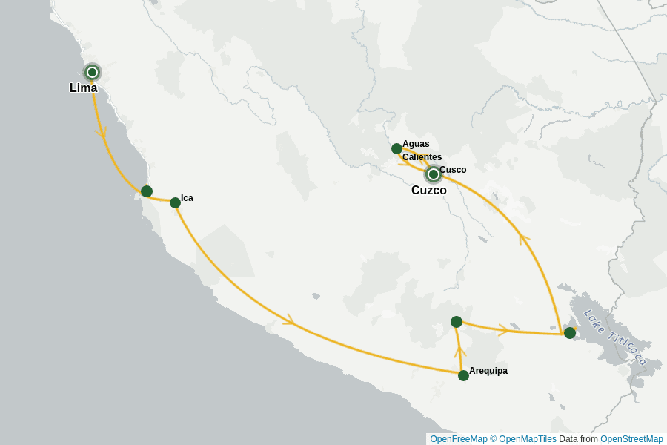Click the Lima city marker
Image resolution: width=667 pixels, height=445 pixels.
pos(92,72)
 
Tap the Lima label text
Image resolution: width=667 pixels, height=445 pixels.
pos(83,88)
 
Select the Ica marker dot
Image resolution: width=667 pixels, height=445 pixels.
pos(175,202)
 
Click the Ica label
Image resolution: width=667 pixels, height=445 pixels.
pos(187,198)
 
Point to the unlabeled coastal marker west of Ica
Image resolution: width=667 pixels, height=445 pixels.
pos(147,191)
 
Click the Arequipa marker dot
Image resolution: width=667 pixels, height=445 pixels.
pos(463,375)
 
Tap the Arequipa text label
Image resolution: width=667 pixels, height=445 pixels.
pos(488,371)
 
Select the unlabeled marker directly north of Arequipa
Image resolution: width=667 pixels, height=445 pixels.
pos(457,322)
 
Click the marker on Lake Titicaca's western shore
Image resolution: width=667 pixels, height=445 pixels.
pos(569,333)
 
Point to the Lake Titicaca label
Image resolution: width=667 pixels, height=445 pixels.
pos(615,337)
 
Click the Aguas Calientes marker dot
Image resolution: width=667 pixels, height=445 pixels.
pos(396,148)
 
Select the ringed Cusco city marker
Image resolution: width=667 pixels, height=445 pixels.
pos(433,174)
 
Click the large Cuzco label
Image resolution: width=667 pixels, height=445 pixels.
pos(429,191)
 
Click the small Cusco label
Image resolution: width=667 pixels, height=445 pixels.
pos(453,170)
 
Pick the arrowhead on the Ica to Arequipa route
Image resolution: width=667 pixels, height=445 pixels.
pos(289,320)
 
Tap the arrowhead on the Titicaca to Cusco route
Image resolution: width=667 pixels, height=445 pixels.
pos(524,239)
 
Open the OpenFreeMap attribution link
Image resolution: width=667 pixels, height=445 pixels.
pos(459,439)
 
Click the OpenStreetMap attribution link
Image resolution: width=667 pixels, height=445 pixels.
pos(631,439)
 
